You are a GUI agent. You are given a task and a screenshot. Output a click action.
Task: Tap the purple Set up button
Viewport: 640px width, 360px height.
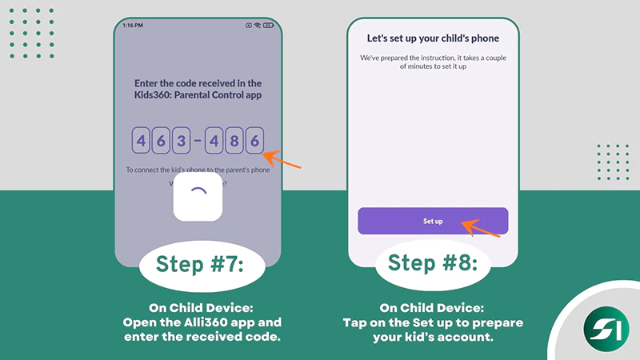[x=433, y=221]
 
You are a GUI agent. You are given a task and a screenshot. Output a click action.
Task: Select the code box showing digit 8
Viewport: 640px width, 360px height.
[x=234, y=142]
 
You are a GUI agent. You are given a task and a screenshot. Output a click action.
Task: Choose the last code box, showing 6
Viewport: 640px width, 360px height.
[x=254, y=142]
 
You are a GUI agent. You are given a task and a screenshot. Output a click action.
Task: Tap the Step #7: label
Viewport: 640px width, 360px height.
[x=198, y=264]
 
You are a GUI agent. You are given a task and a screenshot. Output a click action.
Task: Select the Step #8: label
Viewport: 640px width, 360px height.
[x=433, y=264]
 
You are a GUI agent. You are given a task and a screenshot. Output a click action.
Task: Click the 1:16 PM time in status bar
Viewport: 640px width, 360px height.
[x=133, y=26]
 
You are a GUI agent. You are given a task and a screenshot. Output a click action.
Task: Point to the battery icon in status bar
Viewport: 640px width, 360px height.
[x=268, y=26]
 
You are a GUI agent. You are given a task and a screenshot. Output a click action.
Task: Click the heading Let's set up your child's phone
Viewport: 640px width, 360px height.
[x=433, y=38]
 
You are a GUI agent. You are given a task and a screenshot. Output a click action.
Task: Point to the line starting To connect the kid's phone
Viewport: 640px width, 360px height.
[x=198, y=170]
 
